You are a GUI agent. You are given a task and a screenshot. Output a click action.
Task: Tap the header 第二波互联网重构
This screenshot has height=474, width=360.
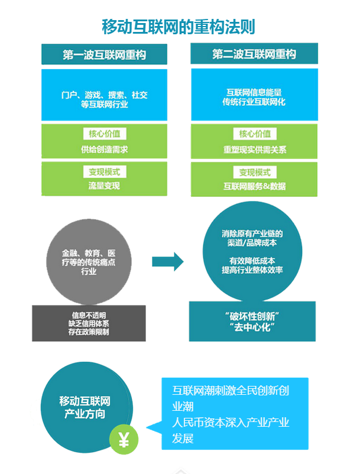pyautogui.click(x=254, y=55)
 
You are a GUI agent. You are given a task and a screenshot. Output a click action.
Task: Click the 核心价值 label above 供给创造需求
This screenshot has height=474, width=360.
pyautogui.click(x=105, y=134)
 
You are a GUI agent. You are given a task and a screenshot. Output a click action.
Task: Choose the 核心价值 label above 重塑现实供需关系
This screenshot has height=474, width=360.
pyautogui.click(x=254, y=134)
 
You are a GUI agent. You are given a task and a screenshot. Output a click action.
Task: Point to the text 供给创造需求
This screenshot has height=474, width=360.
pyautogui.click(x=105, y=149)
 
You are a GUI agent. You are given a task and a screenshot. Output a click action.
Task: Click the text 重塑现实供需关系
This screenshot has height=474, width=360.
pyautogui.click(x=254, y=149)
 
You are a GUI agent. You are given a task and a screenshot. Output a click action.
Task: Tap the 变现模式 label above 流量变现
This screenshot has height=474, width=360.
pyautogui.click(x=105, y=172)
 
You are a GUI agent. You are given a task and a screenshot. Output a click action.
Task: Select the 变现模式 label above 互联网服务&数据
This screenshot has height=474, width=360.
pyautogui.click(x=254, y=172)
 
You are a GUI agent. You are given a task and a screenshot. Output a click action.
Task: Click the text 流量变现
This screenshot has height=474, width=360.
pyautogui.click(x=105, y=186)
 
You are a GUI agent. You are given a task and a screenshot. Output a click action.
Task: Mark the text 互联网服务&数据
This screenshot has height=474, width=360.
pyautogui.click(x=254, y=186)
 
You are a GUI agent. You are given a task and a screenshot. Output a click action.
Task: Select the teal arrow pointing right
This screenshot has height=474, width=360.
pyautogui.click(x=168, y=261)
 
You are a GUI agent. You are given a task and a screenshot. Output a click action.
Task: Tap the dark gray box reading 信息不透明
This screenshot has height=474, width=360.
pyautogui.click(x=89, y=323)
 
